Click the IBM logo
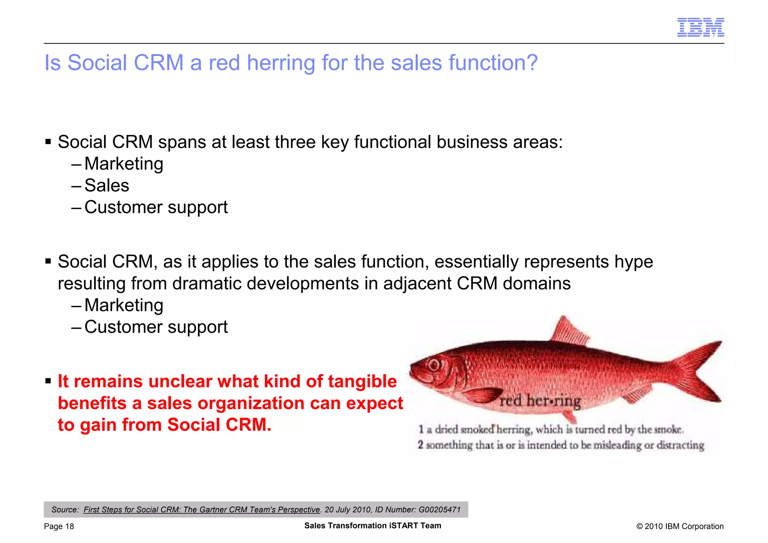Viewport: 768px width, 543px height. click(700, 27)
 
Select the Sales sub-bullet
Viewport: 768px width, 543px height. click(107, 185)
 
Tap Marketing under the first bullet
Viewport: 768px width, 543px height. click(124, 164)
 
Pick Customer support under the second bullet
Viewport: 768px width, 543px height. click(156, 327)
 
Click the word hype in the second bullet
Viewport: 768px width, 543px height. click(633, 262)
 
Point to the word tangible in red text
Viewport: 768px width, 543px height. click(362, 381)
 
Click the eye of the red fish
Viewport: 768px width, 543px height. click(434, 365)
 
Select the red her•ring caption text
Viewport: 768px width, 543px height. click(540, 401)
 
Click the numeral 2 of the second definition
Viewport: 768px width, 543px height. click(420, 445)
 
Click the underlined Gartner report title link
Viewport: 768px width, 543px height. click(202, 510)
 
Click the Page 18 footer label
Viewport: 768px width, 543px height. click(59, 526)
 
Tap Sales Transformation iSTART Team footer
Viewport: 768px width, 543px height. click(372, 526)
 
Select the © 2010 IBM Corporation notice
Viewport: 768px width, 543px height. click(679, 526)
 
